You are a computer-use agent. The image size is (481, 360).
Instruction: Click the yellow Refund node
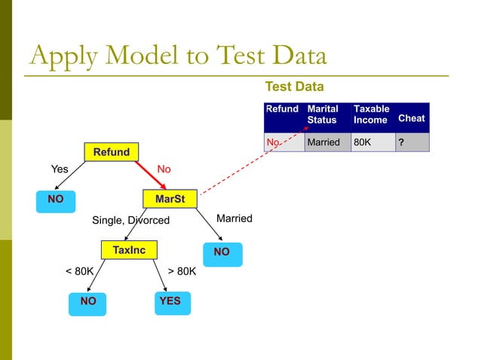click(x=111, y=152)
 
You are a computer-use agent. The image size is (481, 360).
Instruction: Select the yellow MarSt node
click(x=170, y=199)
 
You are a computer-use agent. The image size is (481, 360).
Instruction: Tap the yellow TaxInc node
click(x=129, y=249)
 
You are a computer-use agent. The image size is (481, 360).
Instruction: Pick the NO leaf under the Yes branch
click(x=55, y=200)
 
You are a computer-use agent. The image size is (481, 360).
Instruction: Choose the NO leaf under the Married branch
click(x=222, y=253)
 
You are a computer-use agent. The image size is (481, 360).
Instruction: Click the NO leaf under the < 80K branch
click(x=88, y=302)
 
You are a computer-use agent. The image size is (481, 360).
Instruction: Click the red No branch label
click(x=164, y=169)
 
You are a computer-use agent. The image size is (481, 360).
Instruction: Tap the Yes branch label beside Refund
click(x=58, y=169)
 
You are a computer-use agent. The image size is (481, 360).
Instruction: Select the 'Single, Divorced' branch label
click(x=130, y=221)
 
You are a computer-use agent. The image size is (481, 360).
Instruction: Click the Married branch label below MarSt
click(x=234, y=218)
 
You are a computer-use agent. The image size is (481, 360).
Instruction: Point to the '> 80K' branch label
click(x=181, y=270)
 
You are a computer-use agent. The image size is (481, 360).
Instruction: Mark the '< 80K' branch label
click(x=80, y=270)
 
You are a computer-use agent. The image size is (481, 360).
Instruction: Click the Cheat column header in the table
click(x=411, y=118)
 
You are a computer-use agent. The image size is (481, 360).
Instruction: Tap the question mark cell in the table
click(x=411, y=142)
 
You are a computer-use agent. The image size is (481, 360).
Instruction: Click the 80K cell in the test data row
click(x=372, y=142)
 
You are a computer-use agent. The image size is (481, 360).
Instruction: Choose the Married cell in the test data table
click(x=326, y=142)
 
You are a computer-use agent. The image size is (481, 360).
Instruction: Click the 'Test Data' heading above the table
click(x=294, y=88)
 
